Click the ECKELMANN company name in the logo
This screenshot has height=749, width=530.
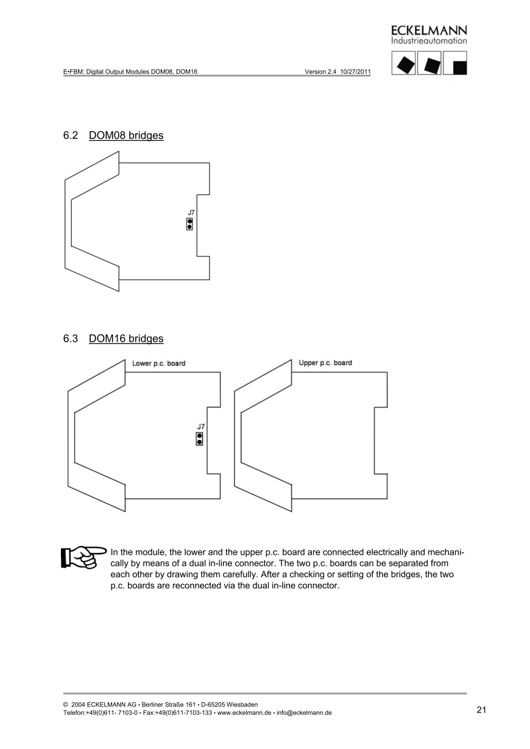pyautogui.click(x=429, y=30)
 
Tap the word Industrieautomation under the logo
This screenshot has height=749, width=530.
pyautogui.click(x=429, y=41)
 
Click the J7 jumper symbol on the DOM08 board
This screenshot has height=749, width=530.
pyautogui.click(x=190, y=223)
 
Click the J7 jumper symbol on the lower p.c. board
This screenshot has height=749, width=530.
pyautogui.click(x=199, y=438)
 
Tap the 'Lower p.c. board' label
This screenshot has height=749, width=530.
pyautogui.click(x=158, y=364)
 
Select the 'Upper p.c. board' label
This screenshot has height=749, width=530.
pyautogui.click(x=325, y=363)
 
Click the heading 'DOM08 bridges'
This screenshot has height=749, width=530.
pyautogui.click(x=126, y=135)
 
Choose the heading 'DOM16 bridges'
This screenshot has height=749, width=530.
pyautogui.click(x=126, y=338)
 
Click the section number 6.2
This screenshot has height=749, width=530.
pyautogui.click(x=71, y=135)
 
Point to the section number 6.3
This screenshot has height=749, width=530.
pyautogui.click(x=71, y=338)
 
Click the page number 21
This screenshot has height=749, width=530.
pyautogui.click(x=481, y=710)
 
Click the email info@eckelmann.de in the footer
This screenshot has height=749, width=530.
pyautogui.click(x=304, y=713)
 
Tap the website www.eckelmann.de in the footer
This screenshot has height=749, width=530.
pyautogui.click(x=244, y=713)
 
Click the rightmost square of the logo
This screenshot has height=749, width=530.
pyautogui.click(x=455, y=63)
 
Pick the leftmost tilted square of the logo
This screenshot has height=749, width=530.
pyautogui.click(x=403, y=63)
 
